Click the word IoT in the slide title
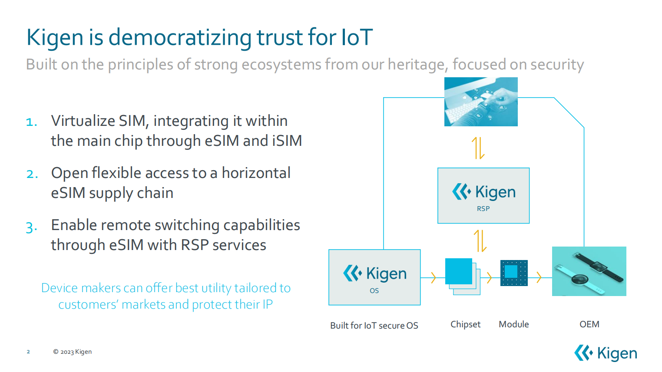(x=357, y=37)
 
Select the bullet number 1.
(x=32, y=122)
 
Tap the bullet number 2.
(x=32, y=174)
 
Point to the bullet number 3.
(x=32, y=227)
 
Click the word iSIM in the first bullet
(x=287, y=141)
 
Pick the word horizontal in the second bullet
(x=256, y=173)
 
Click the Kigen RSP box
(x=483, y=195)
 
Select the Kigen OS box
(x=374, y=277)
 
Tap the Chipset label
(x=466, y=324)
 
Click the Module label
(x=513, y=324)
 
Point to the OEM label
(x=589, y=324)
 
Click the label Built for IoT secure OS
(x=374, y=326)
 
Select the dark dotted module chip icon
(x=514, y=273)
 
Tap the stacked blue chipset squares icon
(x=463, y=277)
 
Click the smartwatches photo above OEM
(x=589, y=271)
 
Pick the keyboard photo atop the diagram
(x=481, y=102)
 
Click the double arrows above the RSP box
(x=478, y=148)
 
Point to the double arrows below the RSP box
(x=480, y=241)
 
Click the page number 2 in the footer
(x=28, y=352)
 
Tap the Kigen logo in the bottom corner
(x=606, y=353)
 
